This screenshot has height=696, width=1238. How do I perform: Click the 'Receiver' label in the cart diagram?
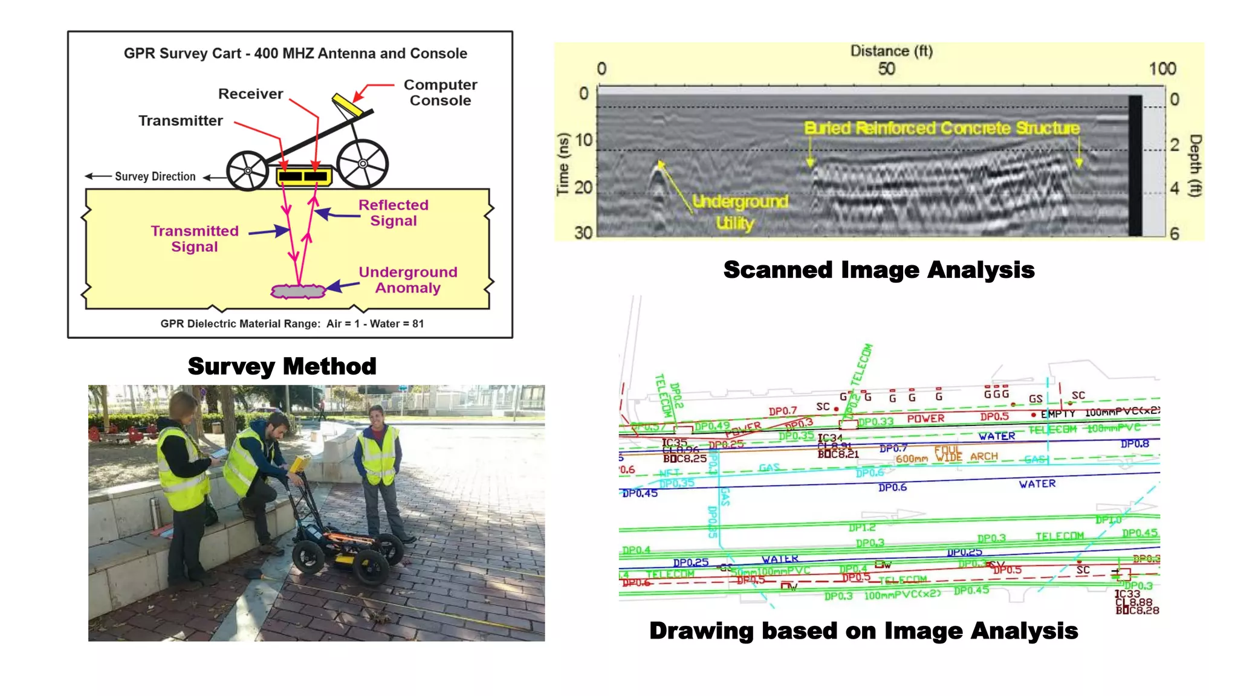pos(250,94)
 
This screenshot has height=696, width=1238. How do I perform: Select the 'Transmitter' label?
pos(180,121)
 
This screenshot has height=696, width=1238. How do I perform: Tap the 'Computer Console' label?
pos(440,92)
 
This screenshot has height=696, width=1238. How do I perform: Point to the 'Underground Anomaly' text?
pos(408,280)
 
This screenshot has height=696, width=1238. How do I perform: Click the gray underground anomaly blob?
pos(298,292)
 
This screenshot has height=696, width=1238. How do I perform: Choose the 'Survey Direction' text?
pos(155,176)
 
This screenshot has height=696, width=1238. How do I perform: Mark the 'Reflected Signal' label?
pos(394,213)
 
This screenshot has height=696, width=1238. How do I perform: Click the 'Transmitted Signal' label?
pos(195,239)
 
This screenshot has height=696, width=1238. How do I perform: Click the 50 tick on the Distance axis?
pos(886,69)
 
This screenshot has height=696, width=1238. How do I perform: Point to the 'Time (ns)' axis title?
pos(563,164)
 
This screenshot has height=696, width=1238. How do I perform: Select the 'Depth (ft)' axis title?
pos(1195,166)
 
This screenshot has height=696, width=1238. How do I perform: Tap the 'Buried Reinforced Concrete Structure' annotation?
pos(941,128)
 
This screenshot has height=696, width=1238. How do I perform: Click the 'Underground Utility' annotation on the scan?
pos(739,212)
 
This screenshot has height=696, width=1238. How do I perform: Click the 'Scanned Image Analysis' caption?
pos(879,269)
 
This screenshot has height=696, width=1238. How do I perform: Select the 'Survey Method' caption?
pos(282,366)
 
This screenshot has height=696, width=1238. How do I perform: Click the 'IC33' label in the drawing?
pos(1127,594)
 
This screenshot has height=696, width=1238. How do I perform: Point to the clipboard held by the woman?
pos(219,453)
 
